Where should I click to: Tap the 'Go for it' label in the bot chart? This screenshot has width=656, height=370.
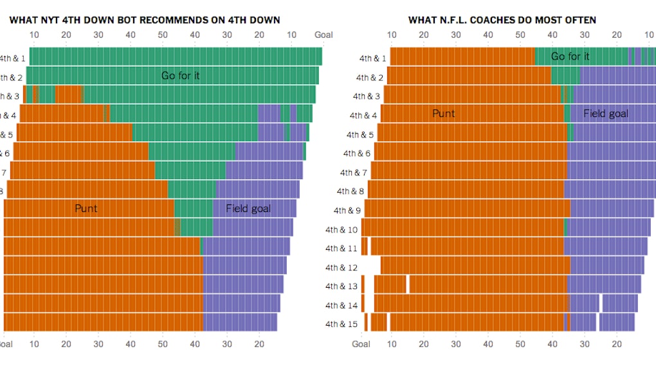click(180, 76)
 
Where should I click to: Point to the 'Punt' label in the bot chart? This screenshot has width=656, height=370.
click(86, 209)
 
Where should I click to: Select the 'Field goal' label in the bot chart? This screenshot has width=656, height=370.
click(248, 209)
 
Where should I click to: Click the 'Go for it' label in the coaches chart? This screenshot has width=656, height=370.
click(570, 57)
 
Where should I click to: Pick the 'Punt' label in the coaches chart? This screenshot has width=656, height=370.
click(443, 114)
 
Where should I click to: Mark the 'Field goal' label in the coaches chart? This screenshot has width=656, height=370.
click(605, 114)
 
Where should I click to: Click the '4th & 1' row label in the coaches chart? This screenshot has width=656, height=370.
click(372, 59)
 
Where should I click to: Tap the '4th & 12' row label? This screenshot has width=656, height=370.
click(341, 268)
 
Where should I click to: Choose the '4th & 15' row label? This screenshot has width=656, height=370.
click(341, 324)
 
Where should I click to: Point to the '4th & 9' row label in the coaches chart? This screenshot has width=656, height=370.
click(347, 211)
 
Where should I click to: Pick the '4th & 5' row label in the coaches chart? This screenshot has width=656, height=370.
click(360, 135)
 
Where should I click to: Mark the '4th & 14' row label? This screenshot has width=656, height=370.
click(341, 306)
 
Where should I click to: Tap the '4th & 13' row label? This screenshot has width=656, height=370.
click(341, 286)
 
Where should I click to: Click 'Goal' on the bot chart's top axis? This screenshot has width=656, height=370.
click(323, 35)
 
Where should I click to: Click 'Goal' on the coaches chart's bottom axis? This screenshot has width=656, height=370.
click(361, 344)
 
